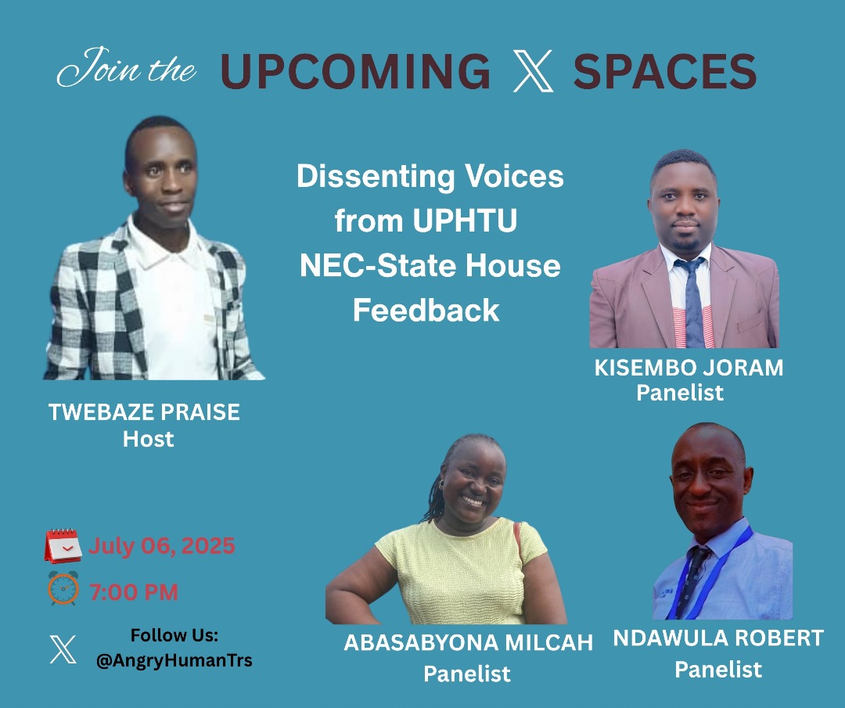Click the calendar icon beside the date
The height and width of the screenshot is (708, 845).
63,545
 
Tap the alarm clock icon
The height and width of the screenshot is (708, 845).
63,588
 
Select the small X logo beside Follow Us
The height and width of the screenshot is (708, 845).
63,649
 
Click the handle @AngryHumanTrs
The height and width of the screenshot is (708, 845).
174,660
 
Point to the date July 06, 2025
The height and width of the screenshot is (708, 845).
162,545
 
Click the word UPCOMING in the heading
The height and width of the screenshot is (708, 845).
356,72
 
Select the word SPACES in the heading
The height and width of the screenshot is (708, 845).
665,72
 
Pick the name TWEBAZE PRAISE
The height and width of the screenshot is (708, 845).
144,412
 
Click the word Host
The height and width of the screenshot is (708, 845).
148,439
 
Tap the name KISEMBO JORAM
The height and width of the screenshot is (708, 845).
689,368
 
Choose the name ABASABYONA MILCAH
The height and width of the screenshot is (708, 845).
468,643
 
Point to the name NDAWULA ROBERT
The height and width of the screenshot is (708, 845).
718,638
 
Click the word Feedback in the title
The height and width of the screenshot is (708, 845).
426,311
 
